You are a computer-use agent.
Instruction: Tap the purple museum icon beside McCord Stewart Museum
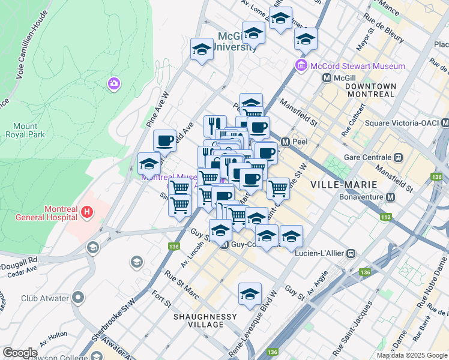pyautogui.click(x=301, y=65)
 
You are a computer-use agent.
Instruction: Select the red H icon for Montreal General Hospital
pyautogui.click(x=87, y=211)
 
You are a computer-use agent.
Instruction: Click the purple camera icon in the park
pyautogui.click(x=113, y=84)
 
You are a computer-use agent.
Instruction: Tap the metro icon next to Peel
pyautogui.click(x=286, y=142)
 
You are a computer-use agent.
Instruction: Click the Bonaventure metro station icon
pyautogui.click(x=391, y=197)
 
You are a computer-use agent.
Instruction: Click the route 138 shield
pyautogui.click(x=174, y=246)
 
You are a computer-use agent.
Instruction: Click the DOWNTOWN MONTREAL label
pyautogui.click(x=371, y=91)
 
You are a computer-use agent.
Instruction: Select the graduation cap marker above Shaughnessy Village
pyautogui.click(x=250, y=294)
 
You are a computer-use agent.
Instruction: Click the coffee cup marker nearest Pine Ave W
pyautogui.click(x=164, y=141)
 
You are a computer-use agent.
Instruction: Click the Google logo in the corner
pyautogui.click(x=20, y=353)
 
